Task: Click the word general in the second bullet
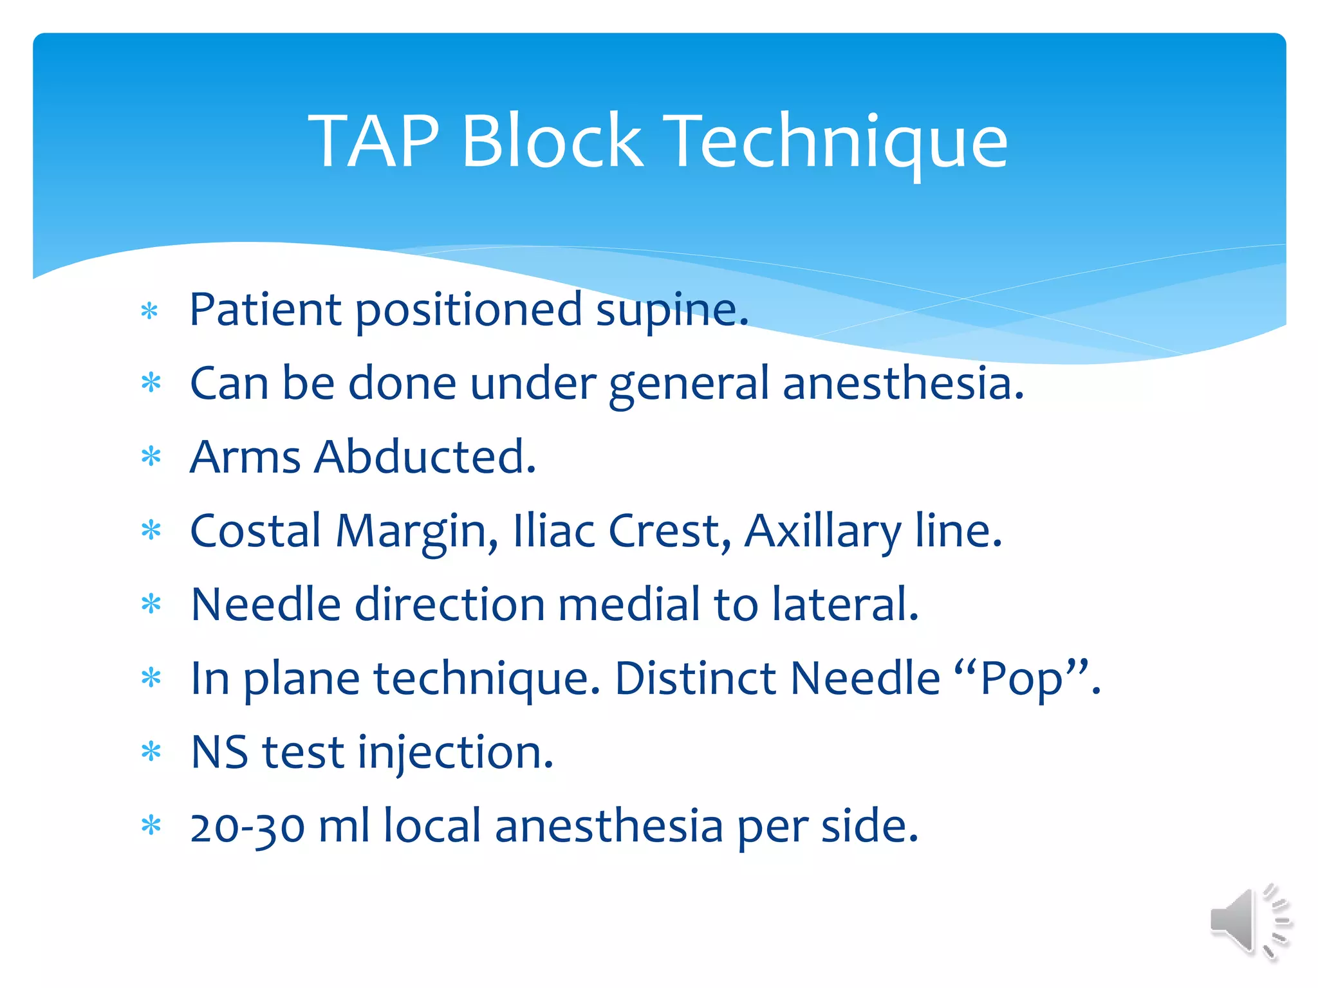click(x=688, y=384)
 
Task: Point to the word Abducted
click(x=426, y=457)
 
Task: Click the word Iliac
click(x=553, y=531)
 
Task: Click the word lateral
click(x=845, y=605)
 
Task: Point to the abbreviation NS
click(x=219, y=752)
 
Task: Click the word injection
click(x=455, y=752)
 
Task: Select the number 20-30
click(x=247, y=827)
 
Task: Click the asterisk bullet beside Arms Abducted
click(x=151, y=457)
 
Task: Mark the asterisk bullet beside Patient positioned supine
click(x=150, y=312)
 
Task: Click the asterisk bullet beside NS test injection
click(x=151, y=751)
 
